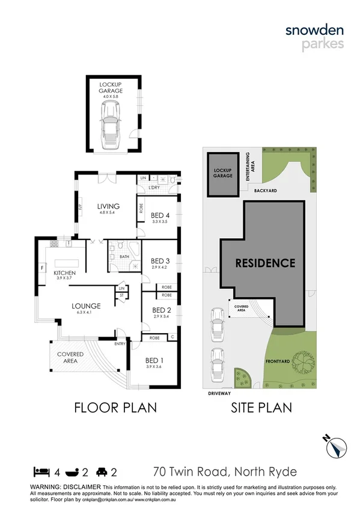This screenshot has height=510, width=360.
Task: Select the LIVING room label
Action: pyautogui.click(x=109, y=207)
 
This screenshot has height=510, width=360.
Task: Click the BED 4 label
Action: pyautogui.click(x=159, y=215)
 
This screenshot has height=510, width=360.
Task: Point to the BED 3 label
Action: pyautogui.click(x=159, y=260)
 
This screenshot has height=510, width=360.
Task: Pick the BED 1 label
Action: pyautogui.click(x=153, y=360)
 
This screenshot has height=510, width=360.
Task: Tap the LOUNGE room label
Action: pyautogui.click(x=87, y=306)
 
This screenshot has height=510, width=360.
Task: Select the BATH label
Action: pyautogui.click(x=124, y=257)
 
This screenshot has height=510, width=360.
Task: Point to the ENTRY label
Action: pyautogui.click(x=120, y=343)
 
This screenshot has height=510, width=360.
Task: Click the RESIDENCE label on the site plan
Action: pyautogui.click(x=265, y=263)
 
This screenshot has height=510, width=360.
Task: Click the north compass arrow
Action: pyautogui.click(x=337, y=447)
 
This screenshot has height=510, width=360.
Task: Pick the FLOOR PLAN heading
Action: pyautogui.click(x=115, y=408)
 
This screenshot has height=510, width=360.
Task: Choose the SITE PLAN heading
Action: pyautogui.click(x=261, y=408)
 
